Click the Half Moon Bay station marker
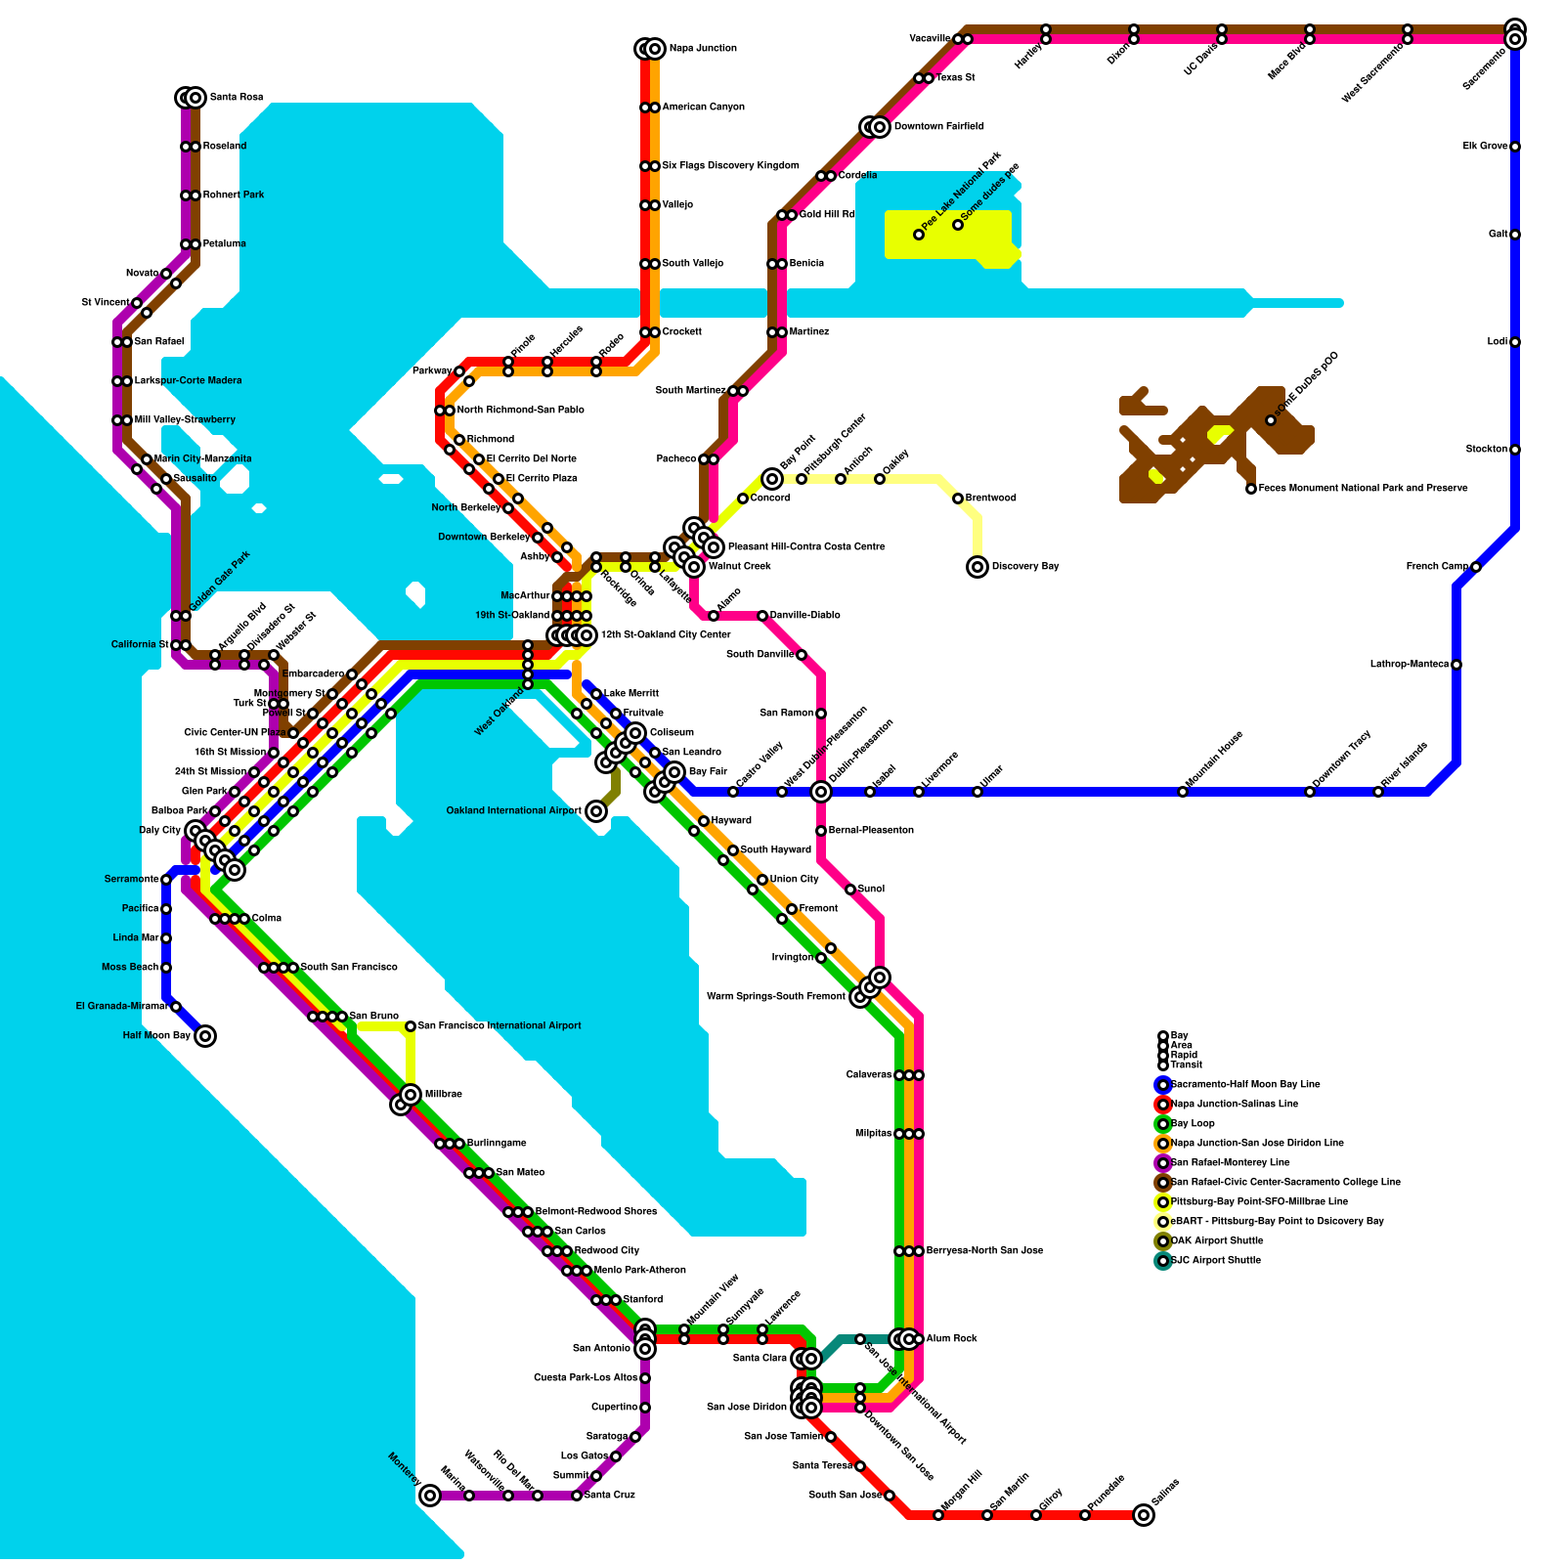pyautogui.click(x=205, y=1036)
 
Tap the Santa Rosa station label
pyautogui.click(x=237, y=98)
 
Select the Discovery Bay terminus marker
pyautogui.click(x=977, y=567)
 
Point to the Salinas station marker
pyautogui.click(x=1144, y=1515)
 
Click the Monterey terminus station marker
pyautogui.click(x=430, y=1496)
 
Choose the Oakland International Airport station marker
pyautogui.click(x=596, y=811)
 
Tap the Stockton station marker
pyautogui.click(x=1515, y=450)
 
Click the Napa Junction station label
pyautogui.click(x=703, y=49)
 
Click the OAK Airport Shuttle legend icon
pyautogui.click(x=1163, y=1241)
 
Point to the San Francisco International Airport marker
pyautogui.click(x=411, y=1026)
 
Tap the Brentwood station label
pyautogui.click(x=991, y=499)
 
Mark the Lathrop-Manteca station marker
pyautogui.click(x=1456, y=665)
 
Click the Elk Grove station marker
pyautogui.click(x=1515, y=147)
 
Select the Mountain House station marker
pyautogui.click(x=1183, y=792)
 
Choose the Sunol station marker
pyautogui.click(x=850, y=890)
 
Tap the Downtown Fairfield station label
pyautogui.click(x=938, y=127)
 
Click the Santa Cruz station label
pyautogui.click(x=610, y=1496)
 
